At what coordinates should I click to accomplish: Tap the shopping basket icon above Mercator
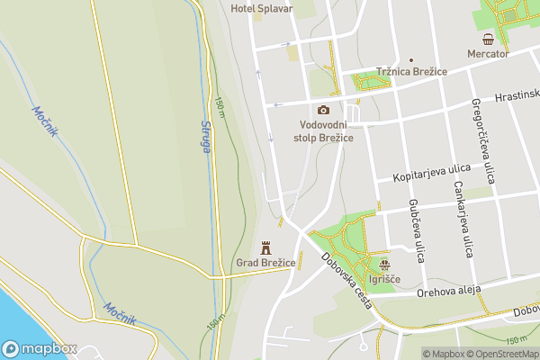[488, 39]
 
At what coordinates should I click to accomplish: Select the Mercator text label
[488, 54]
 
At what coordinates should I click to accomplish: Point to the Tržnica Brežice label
[411, 72]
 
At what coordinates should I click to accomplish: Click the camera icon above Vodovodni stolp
[323, 110]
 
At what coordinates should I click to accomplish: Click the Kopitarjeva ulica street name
[433, 173]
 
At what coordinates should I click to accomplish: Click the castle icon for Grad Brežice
[265, 247]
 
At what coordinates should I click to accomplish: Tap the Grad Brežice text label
[265, 263]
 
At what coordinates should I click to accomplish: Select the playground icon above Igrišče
[385, 265]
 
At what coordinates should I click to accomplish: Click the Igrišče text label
[385, 280]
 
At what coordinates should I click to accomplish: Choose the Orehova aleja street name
[450, 291]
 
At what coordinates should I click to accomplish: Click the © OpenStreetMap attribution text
[502, 354]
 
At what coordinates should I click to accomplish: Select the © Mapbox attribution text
[443, 354]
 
